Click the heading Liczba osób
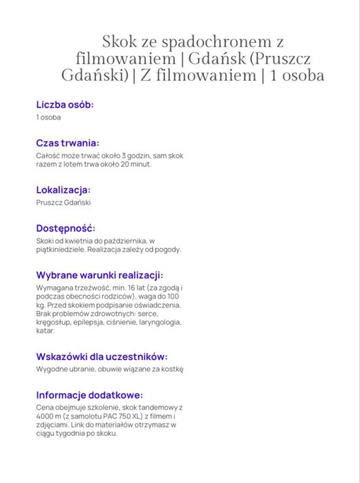[65, 104]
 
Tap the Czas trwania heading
[68, 143]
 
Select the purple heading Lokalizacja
[64, 189]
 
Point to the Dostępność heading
[66, 228]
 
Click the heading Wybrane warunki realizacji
[100, 274]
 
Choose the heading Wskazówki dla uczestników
[102, 357]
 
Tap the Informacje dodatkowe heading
[90, 395]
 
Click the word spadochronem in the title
[212, 42]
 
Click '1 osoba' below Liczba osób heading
[48, 117]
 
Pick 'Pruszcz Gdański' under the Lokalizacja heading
[64, 202]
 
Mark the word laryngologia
[159, 322]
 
